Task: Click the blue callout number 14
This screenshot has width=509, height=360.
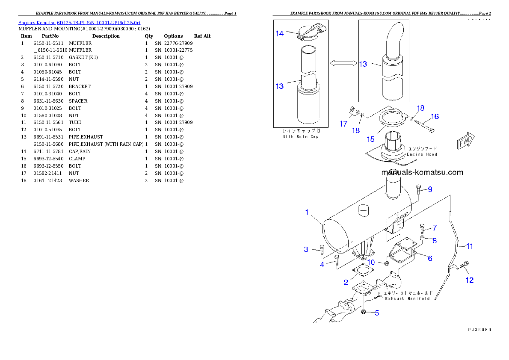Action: [x=279, y=33]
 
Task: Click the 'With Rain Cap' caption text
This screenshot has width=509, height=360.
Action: [x=301, y=137]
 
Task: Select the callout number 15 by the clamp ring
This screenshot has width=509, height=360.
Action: [x=370, y=139]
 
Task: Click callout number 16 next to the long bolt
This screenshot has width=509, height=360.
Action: [x=435, y=116]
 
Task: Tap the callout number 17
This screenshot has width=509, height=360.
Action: [x=343, y=124]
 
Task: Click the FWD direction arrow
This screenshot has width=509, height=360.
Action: [x=466, y=141]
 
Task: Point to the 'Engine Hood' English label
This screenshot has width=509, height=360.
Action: [x=422, y=154]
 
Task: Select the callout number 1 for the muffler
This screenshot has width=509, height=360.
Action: [x=307, y=212]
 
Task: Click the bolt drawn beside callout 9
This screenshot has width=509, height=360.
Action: [x=418, y=190]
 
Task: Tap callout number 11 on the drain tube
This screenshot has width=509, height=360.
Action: [x=470, y=246]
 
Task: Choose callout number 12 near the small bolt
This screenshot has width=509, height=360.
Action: [x=470, y=280]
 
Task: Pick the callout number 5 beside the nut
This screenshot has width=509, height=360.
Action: [x=377, y=313]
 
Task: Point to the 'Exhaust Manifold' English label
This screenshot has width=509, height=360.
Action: [x=407, y=298]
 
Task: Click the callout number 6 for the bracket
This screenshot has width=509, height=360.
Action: [x=430, y=258]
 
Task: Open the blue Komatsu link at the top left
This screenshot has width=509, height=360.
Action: [x=79, y=22]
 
